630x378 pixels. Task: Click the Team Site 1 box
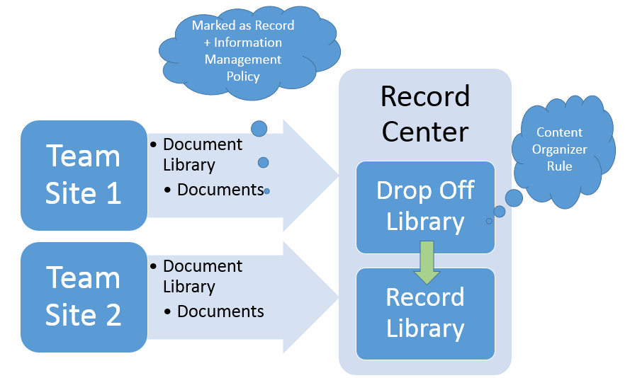(x=84, y=175)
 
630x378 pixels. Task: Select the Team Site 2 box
(x=84, y=297)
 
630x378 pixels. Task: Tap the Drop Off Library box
(x=425, y=207)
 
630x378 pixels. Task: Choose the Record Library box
(x=425, y=313)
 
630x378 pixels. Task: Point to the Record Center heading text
(x=425, y=113)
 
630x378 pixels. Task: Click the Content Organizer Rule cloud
(x=560, y=150)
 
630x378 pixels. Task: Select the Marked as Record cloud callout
(x=243, y=51)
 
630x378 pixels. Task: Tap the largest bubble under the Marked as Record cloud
(x=259, y=128)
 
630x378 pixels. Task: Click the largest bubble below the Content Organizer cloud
(x=514, y=197)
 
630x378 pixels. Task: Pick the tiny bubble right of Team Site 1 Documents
(x=266, y=191)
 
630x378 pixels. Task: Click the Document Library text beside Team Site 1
(x=202, y=154)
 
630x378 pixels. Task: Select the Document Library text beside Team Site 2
(x=202, y=276)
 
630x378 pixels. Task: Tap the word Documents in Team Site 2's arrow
(x=220, y=311)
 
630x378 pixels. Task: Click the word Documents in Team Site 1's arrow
(x=220, y=190)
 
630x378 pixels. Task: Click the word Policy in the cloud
(x=243, y=76)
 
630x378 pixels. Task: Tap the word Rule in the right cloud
(x=559, y=167)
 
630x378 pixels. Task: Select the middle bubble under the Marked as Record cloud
(x=264, y=163)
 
